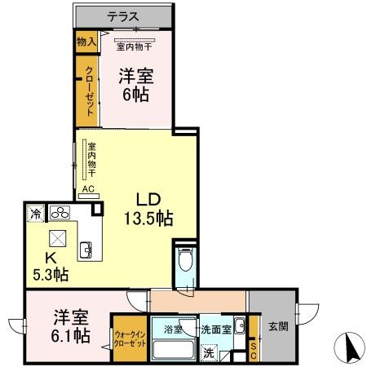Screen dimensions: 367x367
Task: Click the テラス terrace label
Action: (123, 15)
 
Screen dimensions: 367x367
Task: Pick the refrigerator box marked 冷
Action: (37, 214)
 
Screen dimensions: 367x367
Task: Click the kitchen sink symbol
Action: (86, 248)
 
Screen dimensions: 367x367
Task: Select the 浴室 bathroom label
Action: (173, 330)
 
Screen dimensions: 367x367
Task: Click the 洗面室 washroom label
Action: (217, 330)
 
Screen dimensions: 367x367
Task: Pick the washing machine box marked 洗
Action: (210, 353)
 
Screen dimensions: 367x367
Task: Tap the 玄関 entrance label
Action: (276, 327)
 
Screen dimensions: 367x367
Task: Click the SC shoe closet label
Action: (254, 349)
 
